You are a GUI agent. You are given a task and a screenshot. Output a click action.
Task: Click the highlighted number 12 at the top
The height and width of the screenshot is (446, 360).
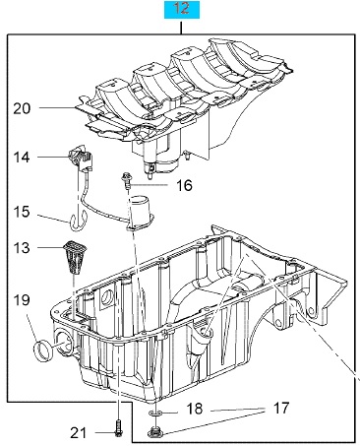coord(181,8)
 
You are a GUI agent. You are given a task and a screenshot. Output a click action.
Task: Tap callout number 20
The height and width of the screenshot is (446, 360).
coord(22,108)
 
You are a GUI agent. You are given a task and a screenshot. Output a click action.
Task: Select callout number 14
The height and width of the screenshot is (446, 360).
coord(22,158)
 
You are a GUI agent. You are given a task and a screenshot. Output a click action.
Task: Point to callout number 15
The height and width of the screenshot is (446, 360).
coord(22,212)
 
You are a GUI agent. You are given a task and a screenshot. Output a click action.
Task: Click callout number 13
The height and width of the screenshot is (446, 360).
coord(22,247)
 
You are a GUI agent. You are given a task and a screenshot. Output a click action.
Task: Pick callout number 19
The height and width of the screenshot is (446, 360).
coord(22,300)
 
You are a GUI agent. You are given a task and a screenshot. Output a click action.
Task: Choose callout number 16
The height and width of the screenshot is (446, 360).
coord(184,185)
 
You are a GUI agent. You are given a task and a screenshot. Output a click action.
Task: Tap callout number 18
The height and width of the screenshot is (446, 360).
coord(195,409)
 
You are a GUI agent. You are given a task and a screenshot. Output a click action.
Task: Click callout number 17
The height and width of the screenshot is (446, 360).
coord(281,409)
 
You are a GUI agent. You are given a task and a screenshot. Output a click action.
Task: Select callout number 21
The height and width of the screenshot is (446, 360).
coord(78,433)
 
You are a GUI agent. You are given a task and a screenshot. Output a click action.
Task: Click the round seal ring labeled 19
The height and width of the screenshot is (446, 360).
coord(43,351)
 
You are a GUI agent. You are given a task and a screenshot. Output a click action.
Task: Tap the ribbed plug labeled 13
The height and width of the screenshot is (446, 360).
coord(74,257)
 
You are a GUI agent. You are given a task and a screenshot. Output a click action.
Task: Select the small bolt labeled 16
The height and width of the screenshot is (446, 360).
coord(126,180)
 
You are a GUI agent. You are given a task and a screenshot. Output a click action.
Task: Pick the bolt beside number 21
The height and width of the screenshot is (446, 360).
coord(118,428)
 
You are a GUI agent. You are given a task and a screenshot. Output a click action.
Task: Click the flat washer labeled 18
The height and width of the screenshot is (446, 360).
coord(155,413)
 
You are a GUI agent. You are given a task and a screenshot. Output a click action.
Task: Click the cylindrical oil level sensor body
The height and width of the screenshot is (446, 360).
coord(141,211)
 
